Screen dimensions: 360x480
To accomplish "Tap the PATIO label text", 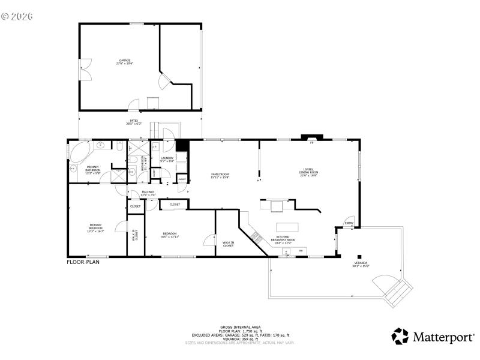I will click(x=134, y=122).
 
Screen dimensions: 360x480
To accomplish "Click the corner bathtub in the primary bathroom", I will click(x=78, y=152).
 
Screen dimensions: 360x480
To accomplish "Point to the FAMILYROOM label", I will click(x=220, y=175).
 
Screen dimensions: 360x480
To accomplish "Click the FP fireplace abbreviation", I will click(x=311, y=143).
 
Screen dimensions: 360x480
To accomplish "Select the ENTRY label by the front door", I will click(x=349, y=224).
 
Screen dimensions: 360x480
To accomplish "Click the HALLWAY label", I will click(x=148, y=193).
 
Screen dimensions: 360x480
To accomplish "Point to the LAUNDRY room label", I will click(x=166, y=160).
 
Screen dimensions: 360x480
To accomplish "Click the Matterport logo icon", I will click(x=400, y=337).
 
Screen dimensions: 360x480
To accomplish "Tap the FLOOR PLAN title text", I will click(x=83, y=262).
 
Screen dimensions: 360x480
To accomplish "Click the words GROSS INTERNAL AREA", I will click(x=240, y=327).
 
